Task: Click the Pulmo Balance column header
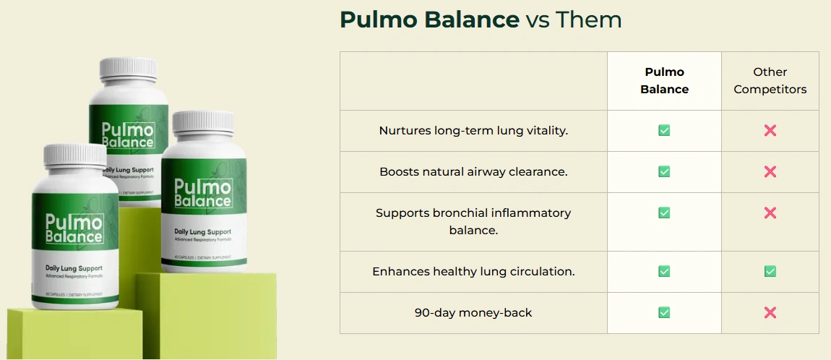(x=664, y=81)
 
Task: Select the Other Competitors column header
(x=770, y=81)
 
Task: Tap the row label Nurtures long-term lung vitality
(x=473, y=131)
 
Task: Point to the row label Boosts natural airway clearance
(x=473, y=172)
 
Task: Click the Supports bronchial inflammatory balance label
(x=473, y=221)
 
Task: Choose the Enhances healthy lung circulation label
(x=473, y=272)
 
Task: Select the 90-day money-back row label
(x=473, y=313)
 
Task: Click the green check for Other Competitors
(x=770, y=272)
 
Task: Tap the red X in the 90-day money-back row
(x=770, y=313)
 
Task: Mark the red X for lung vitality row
(x=770, y=131)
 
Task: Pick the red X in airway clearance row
(x=770, y=172)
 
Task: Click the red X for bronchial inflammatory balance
(x=770, y=213)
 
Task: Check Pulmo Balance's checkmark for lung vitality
(x=664, y=131)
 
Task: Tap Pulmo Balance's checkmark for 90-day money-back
(x=664, y=313)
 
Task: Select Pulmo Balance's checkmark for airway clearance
(x=664, y=172)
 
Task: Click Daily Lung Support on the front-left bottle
(x=74, y=269)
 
